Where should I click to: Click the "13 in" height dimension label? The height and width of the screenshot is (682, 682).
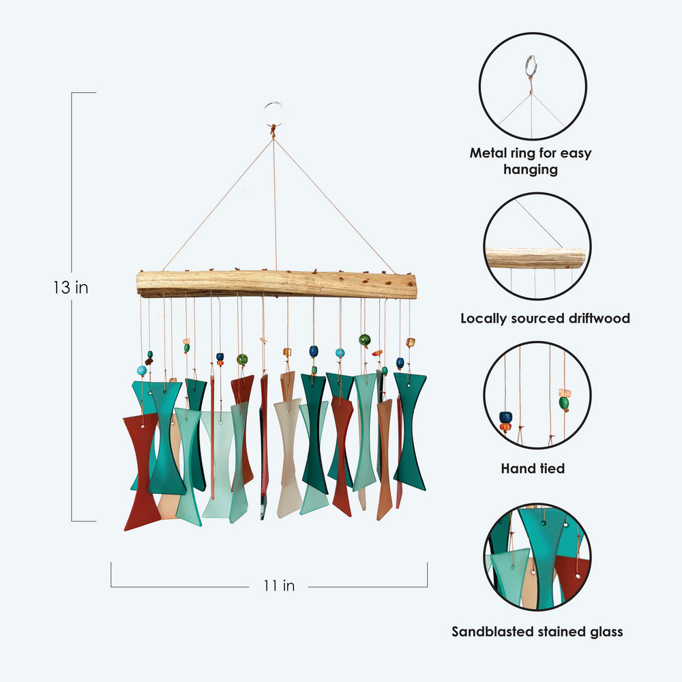coord(70,287)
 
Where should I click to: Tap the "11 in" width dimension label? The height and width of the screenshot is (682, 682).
coord(279,585)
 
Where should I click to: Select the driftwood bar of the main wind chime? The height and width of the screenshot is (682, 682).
coord(276,283)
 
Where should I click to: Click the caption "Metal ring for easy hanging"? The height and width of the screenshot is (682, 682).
coord(530,161)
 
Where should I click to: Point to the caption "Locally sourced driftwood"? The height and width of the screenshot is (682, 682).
coord(544,318)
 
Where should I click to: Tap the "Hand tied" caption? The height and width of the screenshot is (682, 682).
coord(533,469)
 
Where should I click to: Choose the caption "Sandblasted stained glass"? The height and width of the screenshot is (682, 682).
coord(537,632)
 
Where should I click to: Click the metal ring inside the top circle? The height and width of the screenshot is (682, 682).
coord(531,68)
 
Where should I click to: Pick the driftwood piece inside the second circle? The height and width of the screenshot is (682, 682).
coord(535,258)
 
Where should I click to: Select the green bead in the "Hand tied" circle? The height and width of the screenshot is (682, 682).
coord(564,404)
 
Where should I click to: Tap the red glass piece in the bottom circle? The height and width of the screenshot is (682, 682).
coord(573,573)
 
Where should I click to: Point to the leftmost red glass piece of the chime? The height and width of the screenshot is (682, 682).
coord(142,471)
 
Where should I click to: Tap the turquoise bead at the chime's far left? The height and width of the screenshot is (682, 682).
coord(142,370)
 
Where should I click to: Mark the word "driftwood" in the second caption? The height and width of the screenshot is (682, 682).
coord(591,318)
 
